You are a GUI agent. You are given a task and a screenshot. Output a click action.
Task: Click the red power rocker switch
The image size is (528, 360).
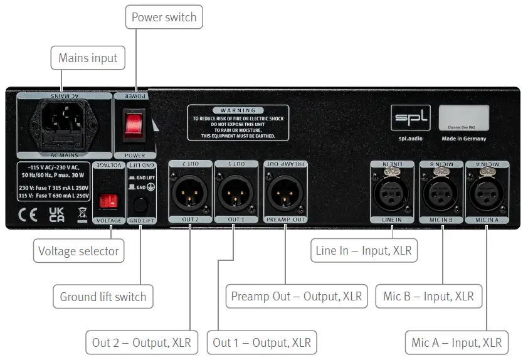tap(133, 124)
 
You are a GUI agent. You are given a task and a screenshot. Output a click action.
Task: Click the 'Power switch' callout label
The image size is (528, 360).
tap(164, 17)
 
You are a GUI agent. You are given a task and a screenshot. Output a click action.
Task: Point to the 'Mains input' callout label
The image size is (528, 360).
tap(88, 58)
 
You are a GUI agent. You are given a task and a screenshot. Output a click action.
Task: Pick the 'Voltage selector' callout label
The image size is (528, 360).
tap(78, 251)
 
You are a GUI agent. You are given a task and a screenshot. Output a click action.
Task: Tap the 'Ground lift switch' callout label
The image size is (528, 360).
tap(103, 297)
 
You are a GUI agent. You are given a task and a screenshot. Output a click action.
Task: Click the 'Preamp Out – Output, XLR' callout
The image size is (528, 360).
tap(297, 296)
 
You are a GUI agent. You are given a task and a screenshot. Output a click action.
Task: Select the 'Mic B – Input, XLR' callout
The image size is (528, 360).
tap(428, 296)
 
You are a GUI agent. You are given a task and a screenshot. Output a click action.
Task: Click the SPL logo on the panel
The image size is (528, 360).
tap(411, 117)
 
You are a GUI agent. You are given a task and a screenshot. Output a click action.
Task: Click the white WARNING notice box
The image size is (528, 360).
tap(238, 123)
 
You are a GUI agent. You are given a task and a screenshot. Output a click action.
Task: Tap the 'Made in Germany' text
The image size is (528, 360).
tap(464, 139)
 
